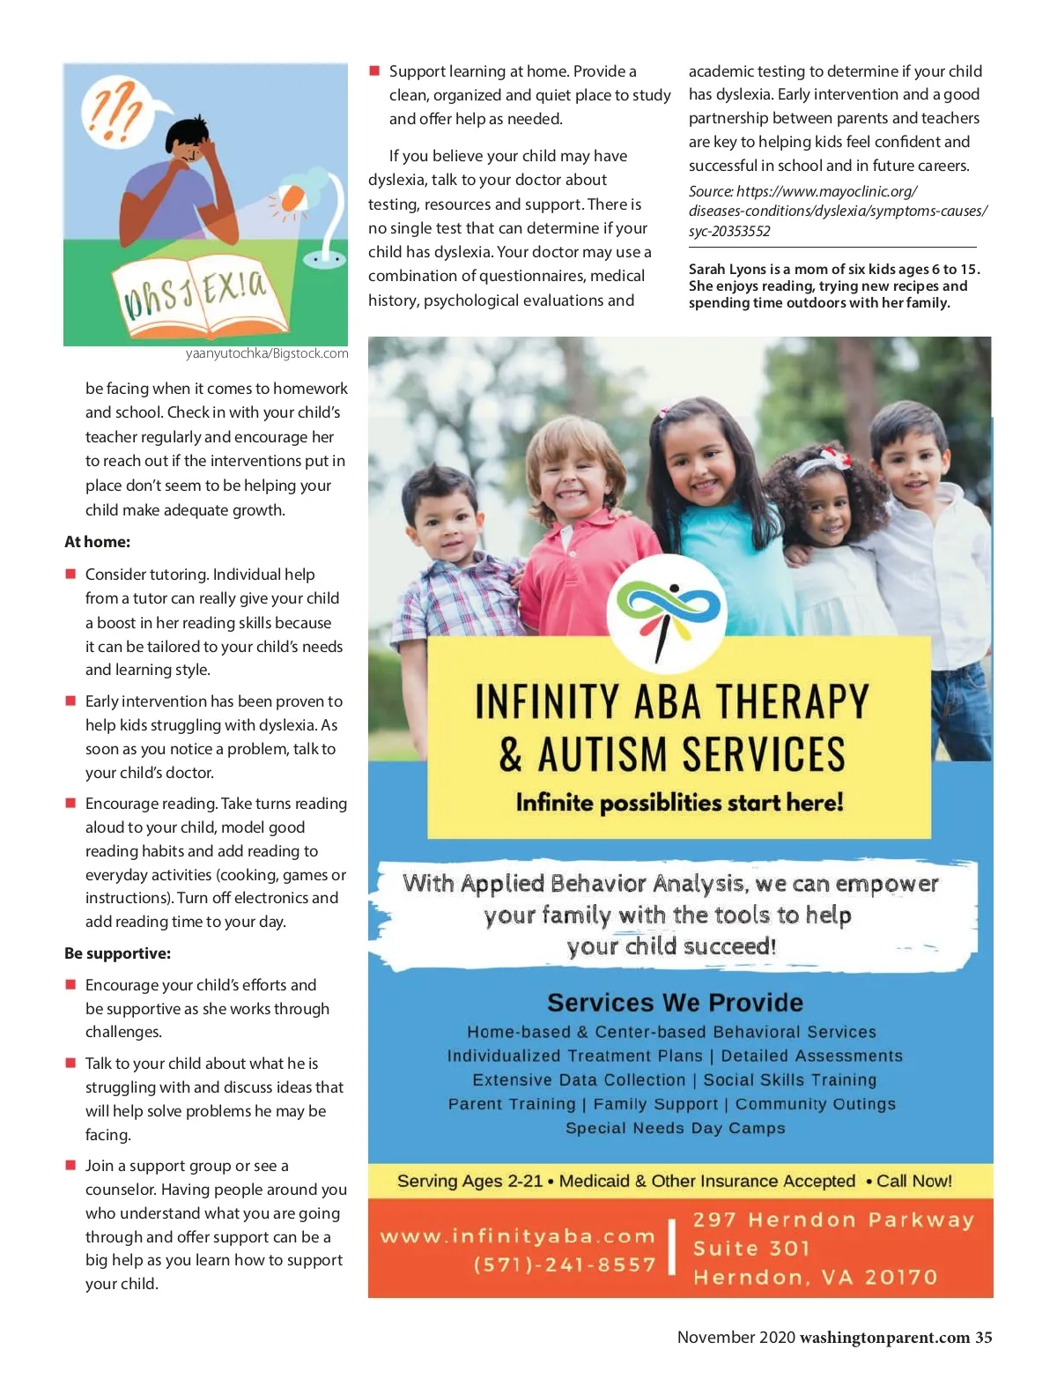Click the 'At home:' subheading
[x=97, y=542]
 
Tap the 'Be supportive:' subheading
[x=117, y=953]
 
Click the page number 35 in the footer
[x=983, y=1338]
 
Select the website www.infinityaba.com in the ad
[x=518, y=1236]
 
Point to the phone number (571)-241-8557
[x=565, y=1265]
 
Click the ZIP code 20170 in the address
[x=900, y=1278]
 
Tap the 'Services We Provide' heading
[x=675, y=1003]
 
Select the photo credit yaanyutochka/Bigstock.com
[x=266, y=353]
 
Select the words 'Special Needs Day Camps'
[x=675, y=1128]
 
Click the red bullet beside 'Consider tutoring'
[x=70, y=574]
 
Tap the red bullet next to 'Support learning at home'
[x=374, y=70]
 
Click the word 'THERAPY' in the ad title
[x=791, y=702]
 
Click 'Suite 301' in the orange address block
[x=750, y=1249]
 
